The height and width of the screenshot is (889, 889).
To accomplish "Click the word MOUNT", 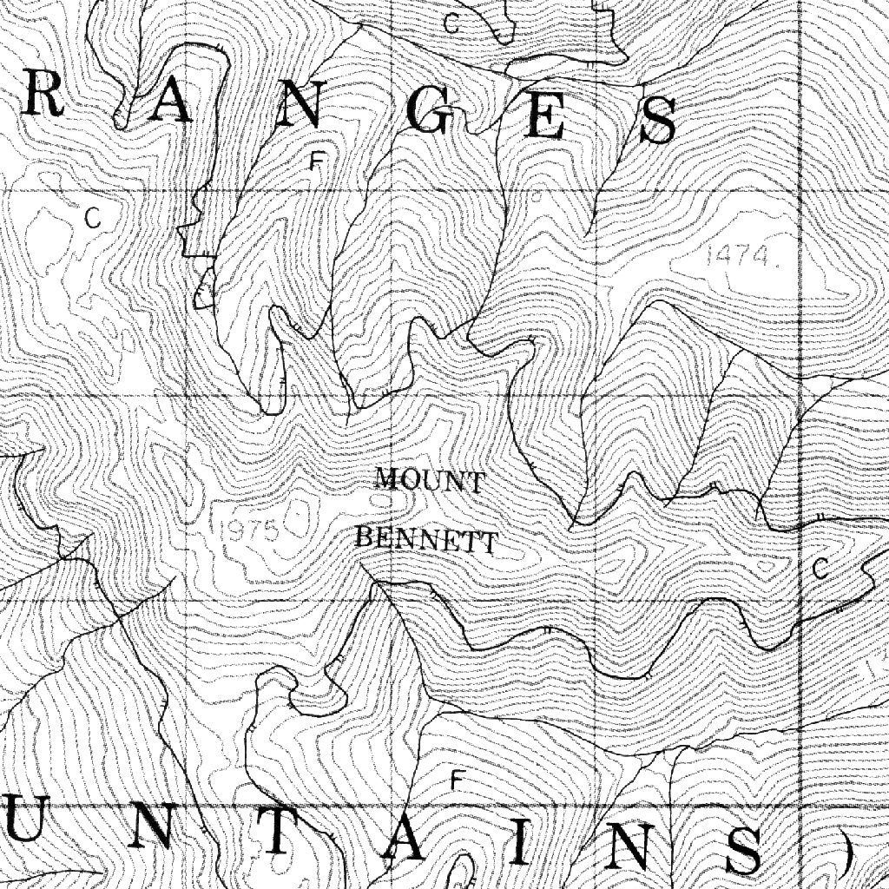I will click(430, 480).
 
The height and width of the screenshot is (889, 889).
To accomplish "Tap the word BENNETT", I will click(426, 540).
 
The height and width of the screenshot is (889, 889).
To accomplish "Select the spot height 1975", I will click(248, 530).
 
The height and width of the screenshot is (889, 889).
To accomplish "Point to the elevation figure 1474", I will click(740, 255).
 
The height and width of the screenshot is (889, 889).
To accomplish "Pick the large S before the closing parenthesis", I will click(744, 849).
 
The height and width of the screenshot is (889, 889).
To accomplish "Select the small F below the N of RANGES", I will click(317, 161).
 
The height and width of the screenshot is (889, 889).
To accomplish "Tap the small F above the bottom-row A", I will click(454, 780).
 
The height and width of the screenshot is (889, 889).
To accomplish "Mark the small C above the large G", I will click(451, 23).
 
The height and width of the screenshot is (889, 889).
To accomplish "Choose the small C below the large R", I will click(94, 218).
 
